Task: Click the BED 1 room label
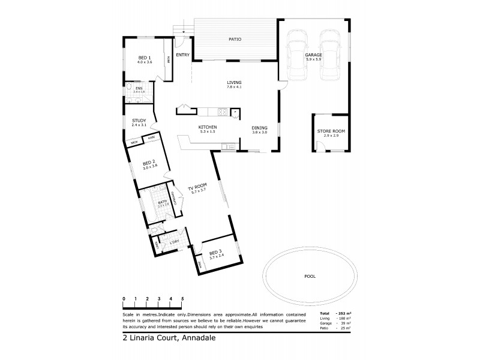click(x=144, y=58)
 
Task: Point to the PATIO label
click(x=235, y=40)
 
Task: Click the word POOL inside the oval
click(x=310, y=277)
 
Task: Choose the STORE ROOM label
click(x=331, y=131)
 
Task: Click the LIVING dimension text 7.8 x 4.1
click(x=233, y=88)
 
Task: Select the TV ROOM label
click(x=197, y=185)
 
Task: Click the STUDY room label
click(x=139, y=121)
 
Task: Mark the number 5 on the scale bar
click(x=182, y=298)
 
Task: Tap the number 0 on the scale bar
click(x=124, y=298)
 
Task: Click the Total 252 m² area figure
click(x=335, y=314)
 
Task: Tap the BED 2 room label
click(x=149, y=163)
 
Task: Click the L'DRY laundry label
click(x=175, y=242)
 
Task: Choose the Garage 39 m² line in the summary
click(x=335, y=323)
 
